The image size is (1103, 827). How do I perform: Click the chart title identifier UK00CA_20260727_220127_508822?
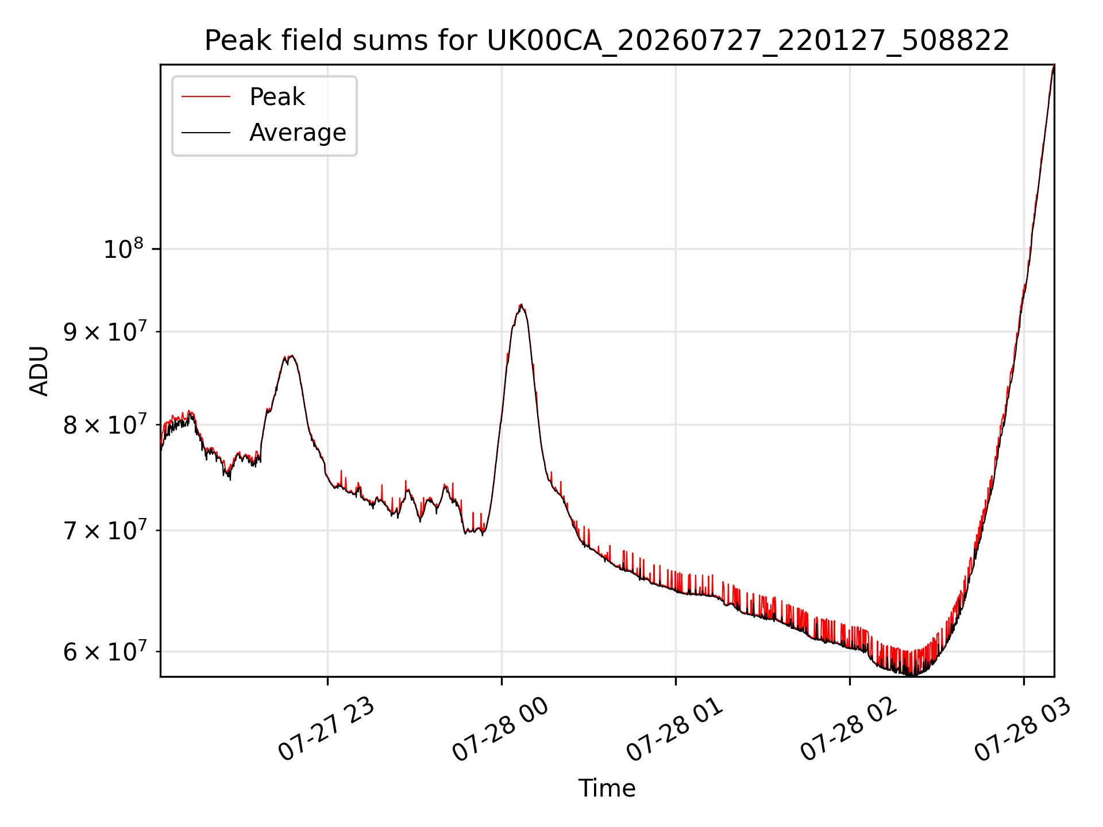pos(747,41)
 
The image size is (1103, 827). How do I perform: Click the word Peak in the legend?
pos(277,96)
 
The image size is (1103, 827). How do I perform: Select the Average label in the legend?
pos(298,133)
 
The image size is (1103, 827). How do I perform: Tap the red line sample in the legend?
pos(206,96)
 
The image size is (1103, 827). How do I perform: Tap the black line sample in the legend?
pos(206,133)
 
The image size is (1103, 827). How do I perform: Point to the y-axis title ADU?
pos(39,370)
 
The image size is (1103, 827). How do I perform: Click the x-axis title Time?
pos(607,788)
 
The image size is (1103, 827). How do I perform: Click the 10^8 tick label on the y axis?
pos(123,249)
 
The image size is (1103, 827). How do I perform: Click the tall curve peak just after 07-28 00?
pos(520,305)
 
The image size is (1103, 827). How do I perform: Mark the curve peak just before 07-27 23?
pos(291,356)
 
